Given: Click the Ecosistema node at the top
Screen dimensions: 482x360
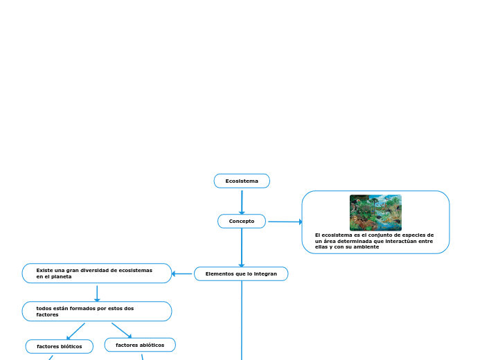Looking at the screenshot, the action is pyautogui.click(x=242, y=181).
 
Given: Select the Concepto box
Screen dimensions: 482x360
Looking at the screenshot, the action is pyautogui.click(x=242, y=222).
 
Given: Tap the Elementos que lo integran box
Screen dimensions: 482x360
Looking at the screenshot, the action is pyautogui.click(x=241, y=274).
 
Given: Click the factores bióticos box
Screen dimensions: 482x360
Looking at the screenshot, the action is pyautogui.click(x=60, y=346).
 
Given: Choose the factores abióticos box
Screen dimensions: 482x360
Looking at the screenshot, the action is pyautogui.click(x=140, y=345).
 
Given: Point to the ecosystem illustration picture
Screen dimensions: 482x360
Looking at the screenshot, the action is pyautogui.click(x=375, y=213).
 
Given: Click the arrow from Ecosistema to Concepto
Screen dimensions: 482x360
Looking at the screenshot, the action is pyautogui.click(x=242, y=201).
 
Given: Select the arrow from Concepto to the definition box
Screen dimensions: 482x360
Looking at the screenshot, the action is pyautogui.click(x=285, y=222).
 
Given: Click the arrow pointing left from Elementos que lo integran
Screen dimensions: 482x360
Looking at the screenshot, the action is pyautogui.click(x=182, y=273).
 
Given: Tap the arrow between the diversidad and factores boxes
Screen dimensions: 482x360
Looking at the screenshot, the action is pyautogui.click(x=97, y=293).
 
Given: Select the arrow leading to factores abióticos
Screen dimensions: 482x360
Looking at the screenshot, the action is pyautogui.click(x=122, y=330).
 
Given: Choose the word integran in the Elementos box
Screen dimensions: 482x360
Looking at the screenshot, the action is pyautogui.click(x=265, y=274).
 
